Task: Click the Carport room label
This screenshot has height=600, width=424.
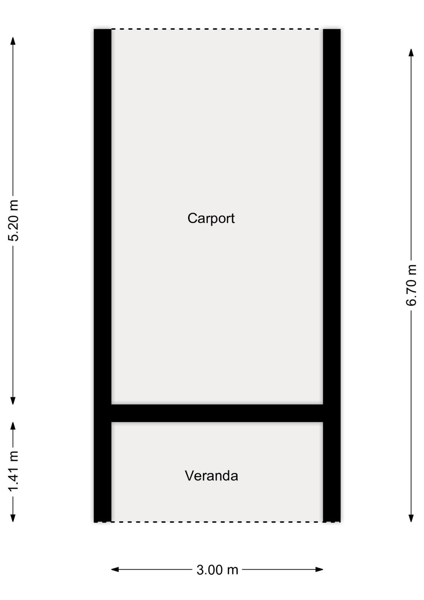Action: pyautogui.click(x=211, y=219)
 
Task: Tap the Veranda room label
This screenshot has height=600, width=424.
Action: pyautogui.click(x=211, y=476)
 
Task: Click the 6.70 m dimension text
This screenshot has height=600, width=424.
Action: pyautogui.click(x=411, y=285)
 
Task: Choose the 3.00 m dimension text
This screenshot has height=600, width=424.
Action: pyautogui.click(x=217, y=570)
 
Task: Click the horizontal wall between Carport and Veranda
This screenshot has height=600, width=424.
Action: pyautogui.click(x=217, y=413)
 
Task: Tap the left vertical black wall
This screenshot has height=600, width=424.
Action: pyautogui.click(x=103, y=275)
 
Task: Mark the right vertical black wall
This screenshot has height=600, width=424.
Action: pyautogui.click(x=332, y=275)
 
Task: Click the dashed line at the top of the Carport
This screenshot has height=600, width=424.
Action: pyautogui.click(x=217, y=29)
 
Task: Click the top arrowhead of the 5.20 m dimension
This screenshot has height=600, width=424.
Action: pyautogui.click(x=13, y=37)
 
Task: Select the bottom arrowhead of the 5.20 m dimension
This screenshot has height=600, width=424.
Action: pyautogui.click(x=13, y=404)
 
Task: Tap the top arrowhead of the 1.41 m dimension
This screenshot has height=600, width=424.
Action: pyautogui.click(x=13, y=422)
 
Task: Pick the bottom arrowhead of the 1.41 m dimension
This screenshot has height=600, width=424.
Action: pyautogui.click(x=13, y=522)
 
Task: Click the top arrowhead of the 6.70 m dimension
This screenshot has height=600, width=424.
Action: pyautogui.click(x=411, y=48)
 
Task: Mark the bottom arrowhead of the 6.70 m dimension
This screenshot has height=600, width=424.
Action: pyautogui.click(x=411, y=522)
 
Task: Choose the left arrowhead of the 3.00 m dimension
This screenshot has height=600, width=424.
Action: pyautogui.click(x=111, y=570)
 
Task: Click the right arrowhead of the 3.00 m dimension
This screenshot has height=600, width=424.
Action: pyautogui.click(x=323, y=570)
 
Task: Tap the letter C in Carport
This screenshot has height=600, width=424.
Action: pyautogui.click(x=192, y=218)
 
